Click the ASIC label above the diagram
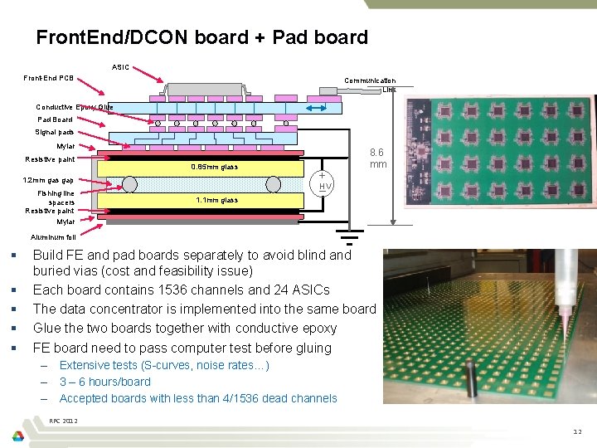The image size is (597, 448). (120, 66)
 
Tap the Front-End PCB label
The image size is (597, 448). (48, 79)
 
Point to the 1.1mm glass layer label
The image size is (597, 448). (216, 200)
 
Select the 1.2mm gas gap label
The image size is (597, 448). (48, 180)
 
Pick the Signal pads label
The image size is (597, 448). (54, 132)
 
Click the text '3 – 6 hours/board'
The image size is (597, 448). (105, 382)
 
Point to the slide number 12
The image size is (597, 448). (577, 431)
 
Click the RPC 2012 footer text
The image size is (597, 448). (64, 421)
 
